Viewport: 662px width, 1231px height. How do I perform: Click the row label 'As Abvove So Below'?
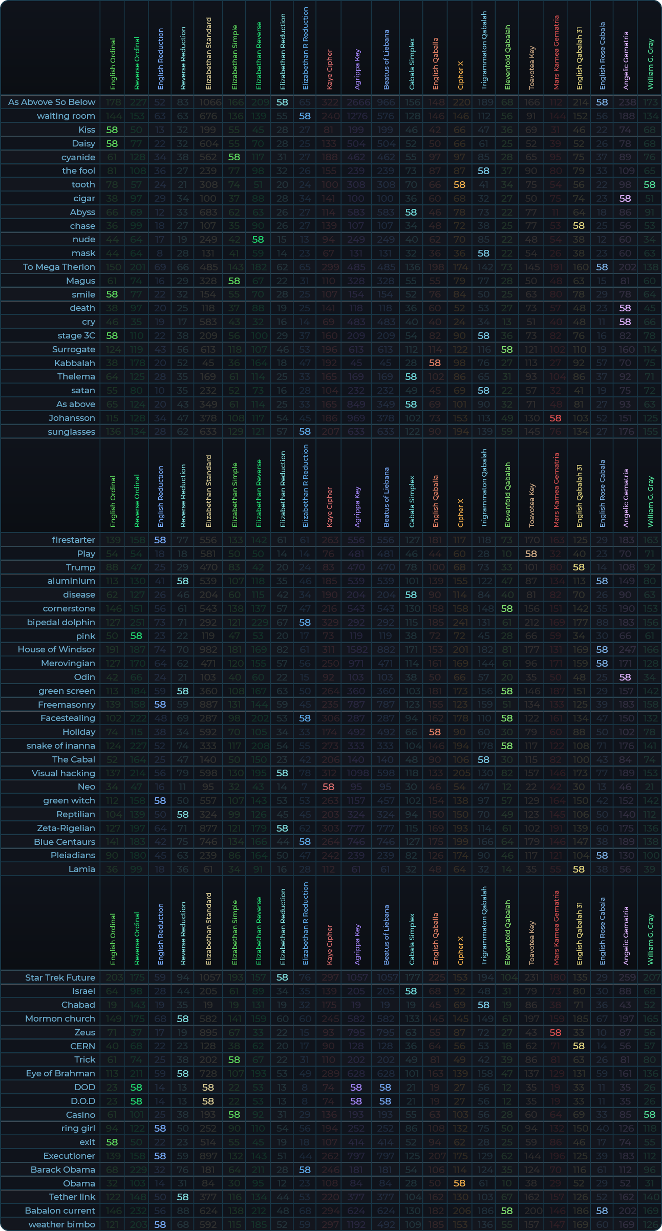point(52,102)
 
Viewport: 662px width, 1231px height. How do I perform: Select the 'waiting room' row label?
point(66,116)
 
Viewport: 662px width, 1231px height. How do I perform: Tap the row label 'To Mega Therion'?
point(59,267)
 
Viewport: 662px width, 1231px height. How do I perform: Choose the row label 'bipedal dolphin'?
point(61,622)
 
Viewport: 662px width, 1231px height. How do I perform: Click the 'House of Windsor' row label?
point(56,649)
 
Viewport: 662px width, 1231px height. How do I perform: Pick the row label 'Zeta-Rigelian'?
point(66,828)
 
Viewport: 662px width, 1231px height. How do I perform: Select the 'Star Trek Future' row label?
point(60,978)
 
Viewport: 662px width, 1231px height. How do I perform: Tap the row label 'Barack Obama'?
point(62,1170)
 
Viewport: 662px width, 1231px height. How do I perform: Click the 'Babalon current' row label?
point(60,1211)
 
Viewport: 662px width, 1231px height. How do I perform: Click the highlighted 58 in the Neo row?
point(328,787)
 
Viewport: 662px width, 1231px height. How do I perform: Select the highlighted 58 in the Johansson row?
point(556,418)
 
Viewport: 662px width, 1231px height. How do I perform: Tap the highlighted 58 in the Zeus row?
point(556,1032)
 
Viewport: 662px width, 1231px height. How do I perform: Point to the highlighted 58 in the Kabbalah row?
point(435,363)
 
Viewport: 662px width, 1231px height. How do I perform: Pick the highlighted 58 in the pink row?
point(136,635)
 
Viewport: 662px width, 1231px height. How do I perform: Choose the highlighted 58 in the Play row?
point(531,554)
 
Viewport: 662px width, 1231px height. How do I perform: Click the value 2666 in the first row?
point(356,102)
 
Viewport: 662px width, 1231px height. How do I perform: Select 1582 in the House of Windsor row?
point(356,649)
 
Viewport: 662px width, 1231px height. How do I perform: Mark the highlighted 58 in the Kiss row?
point(112,130)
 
